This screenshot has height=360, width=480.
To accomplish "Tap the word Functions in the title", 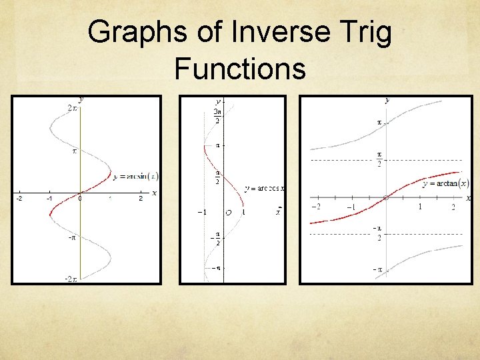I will click(x=240, y=68).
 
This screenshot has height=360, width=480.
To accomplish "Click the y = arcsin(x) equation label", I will click(x=136, y=177).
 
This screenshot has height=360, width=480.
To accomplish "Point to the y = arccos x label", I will click(x=264, y=189).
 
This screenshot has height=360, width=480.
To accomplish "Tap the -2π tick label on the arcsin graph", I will click(x=71, y=278).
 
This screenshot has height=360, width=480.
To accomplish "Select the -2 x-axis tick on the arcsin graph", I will click(x=19, y=199).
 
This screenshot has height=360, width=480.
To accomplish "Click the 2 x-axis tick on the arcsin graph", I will click(x=140, y=199).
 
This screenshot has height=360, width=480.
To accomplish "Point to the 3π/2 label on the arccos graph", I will click(x=217, y=117).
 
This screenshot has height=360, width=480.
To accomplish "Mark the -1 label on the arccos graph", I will click(x=201, y=212).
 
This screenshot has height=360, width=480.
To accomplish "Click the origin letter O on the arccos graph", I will click(x=228, y=213).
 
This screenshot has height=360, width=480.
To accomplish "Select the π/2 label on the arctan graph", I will click(x=379, y=159).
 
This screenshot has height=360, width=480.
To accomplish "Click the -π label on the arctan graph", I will click(x=377, y=269).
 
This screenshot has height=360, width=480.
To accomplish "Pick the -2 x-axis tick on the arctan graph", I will click(x=317, y=207).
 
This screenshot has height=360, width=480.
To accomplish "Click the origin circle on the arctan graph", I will click(x=386, y=198).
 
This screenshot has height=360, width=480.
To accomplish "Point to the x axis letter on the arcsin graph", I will click(x=154, y=193).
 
